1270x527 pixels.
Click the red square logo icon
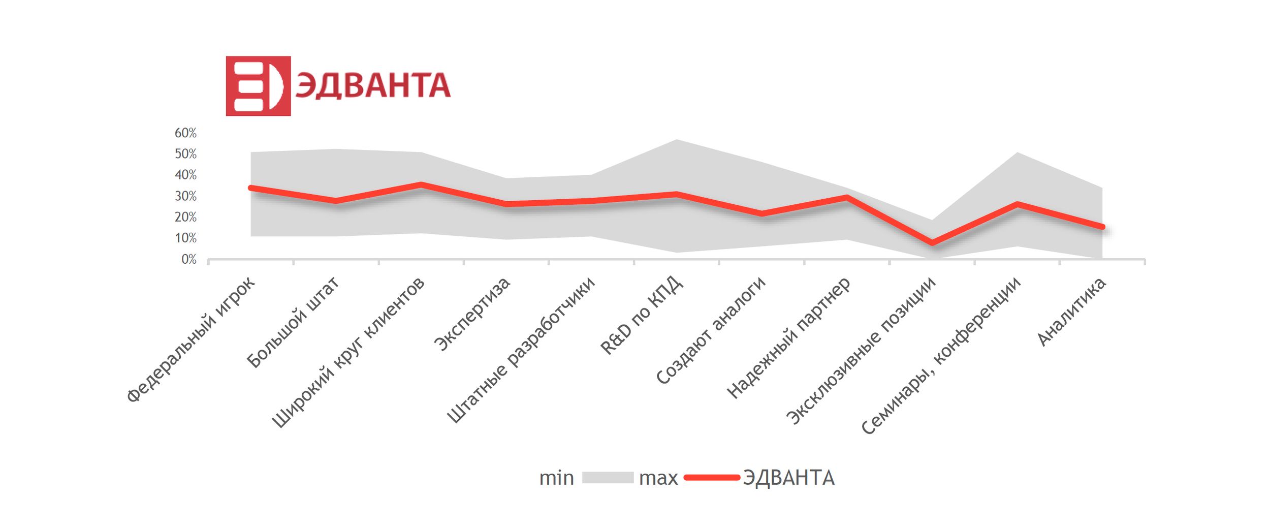click(x=258, y=86)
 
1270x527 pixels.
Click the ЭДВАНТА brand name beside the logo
click(x=372, y=85)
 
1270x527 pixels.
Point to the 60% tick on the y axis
click(x=185, y=133)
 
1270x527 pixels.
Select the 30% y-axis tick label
click(x=185, y=196)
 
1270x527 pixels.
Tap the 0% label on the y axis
click(x=188, y=260)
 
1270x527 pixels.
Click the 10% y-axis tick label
click(x=185, y=238)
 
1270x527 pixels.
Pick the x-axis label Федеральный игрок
click(x=190, y=339)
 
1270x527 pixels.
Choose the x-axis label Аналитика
click(x=1071, y=312)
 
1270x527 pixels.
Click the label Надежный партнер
click(x=788, y=338)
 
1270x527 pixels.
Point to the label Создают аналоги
click(x=710, y=331)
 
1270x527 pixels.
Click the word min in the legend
click(x=556, y=478)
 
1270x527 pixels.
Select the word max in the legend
click(x=658, y=478)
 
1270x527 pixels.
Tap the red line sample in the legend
click(x=711, y=478)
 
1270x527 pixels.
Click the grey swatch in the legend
click(x=608, y=478)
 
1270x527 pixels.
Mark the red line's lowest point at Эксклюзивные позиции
click(x=933, y=243)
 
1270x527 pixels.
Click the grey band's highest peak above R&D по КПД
click(x=677, y=140)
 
